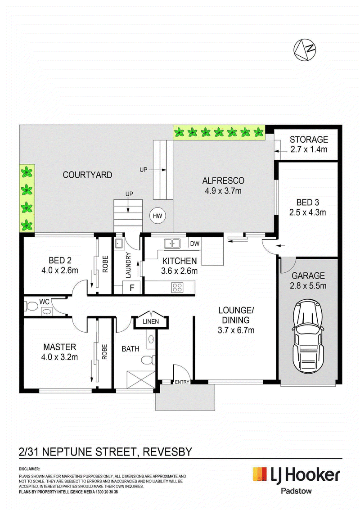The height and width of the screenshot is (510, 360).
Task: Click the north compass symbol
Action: coord(304,50)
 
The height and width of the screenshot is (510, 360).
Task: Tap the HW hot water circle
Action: coord(157,216)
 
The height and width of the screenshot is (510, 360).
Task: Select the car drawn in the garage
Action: coord(309,337)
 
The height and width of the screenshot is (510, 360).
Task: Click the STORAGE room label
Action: coord(309,140)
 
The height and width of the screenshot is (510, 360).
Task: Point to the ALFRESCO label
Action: coord(223,181)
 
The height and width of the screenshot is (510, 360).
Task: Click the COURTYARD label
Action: coord(87,175)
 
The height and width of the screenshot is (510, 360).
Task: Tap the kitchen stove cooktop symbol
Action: coord(177,287)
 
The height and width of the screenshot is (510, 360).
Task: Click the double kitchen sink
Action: coord(172,243)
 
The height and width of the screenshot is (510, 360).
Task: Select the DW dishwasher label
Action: coord(194,244)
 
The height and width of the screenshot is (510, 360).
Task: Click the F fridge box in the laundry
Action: coord(132,288)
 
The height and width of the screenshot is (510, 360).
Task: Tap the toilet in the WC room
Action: coord(31,306)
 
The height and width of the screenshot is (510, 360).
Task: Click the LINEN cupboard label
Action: coord(151,321)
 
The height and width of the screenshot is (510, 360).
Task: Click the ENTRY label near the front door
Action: coord(182,382)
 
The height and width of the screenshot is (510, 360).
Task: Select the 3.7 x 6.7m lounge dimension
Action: coord(236,330)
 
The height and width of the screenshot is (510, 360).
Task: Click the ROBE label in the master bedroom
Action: coord(104,352)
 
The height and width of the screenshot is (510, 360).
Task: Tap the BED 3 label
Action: coord(308,202)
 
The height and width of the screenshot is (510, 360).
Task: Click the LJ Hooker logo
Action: coord(296,475)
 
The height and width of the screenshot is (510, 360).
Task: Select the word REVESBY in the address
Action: coord(167,452)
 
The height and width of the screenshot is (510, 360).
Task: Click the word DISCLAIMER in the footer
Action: coord(29,469)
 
